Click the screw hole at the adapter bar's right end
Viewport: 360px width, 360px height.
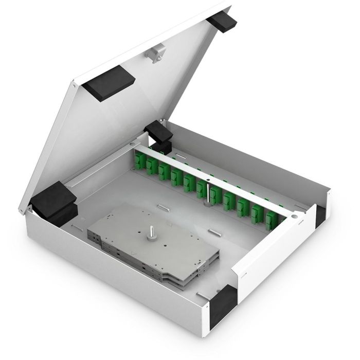coord(294,217)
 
